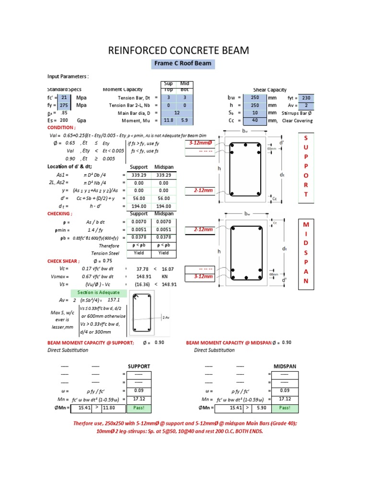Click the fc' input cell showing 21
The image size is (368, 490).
click(64, 98)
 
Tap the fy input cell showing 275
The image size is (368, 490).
click(64, 105)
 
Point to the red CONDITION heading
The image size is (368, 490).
click(61, 128)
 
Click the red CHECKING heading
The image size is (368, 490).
click(60, 214)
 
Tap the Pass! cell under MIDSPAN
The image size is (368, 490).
click(285, 408)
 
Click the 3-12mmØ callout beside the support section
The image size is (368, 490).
click(197, 143)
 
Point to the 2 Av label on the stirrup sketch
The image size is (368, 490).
click(166, 317)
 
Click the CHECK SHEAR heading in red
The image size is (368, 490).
click(64, 261)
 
